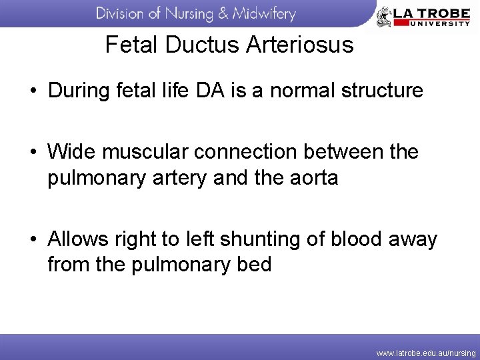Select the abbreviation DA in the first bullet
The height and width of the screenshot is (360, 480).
pos(211,90)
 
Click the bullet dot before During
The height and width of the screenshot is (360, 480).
pos(32,91)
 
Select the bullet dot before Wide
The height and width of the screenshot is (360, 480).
pos(32,153)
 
